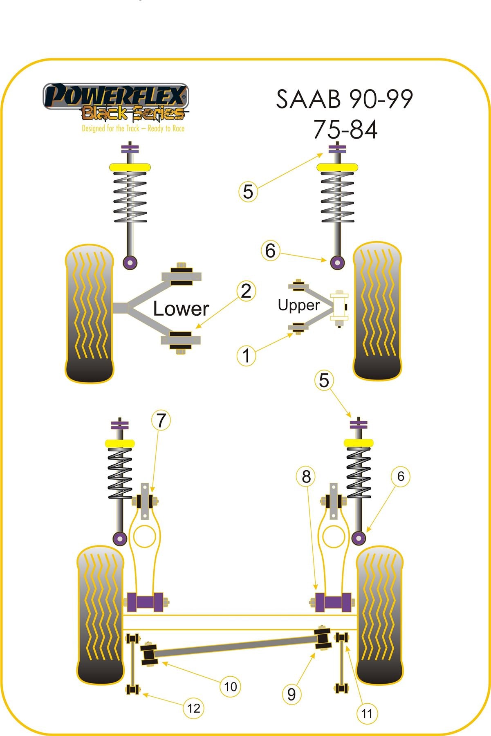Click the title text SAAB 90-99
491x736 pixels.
point(344,99)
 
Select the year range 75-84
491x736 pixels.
point(345,130)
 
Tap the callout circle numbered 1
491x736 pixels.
point(246,355)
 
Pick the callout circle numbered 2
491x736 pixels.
point(246,291)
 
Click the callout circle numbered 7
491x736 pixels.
point(161,420)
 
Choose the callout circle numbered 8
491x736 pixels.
point(306,476)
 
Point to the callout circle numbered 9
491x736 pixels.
point(291,694)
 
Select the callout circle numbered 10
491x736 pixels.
point(231,687)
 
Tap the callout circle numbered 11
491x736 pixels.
point(367,714)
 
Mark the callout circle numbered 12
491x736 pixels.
point(193,708)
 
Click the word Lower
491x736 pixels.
point(181,309)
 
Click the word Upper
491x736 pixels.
point(298,305)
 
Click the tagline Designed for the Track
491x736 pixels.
point(133,129)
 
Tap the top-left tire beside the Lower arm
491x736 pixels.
point(89,314)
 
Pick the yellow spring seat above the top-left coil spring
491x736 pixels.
point(130,168)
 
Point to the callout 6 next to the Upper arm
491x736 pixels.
point(270,251)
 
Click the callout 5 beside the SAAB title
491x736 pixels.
point(248,191)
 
